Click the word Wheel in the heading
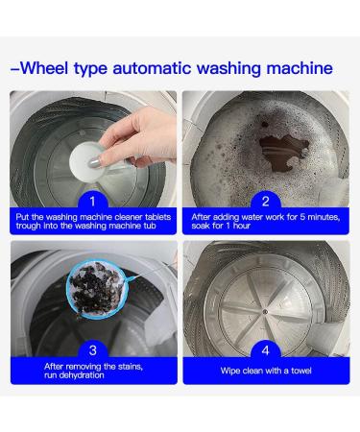44,68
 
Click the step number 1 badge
92,202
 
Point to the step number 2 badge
266,202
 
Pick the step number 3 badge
93,350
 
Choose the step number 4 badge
266,350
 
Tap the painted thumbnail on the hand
94,162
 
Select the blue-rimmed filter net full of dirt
95,290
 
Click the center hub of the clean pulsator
265,312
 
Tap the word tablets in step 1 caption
158,217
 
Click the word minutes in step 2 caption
324,217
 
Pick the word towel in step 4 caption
301,371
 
